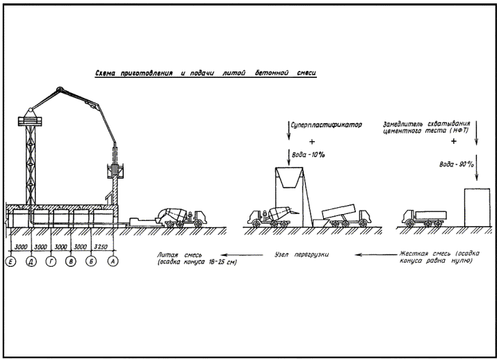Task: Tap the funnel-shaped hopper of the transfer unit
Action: (288, 180)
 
